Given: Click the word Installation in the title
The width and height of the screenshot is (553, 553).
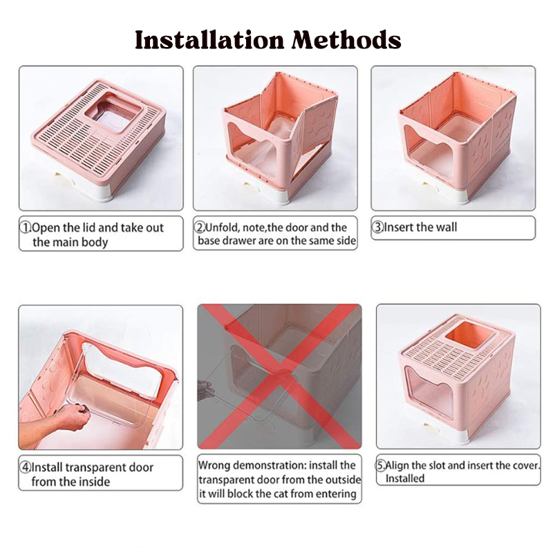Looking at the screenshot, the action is pyautogui.click(x=209, y=39).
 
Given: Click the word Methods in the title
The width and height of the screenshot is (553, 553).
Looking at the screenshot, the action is pyautogui.click(x=346, y=39).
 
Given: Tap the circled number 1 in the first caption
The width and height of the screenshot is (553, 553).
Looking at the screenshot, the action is pyautogui.click(x=26, y=228).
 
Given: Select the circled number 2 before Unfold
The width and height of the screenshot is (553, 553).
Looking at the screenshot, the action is pyautogui.click(x=200, y=227).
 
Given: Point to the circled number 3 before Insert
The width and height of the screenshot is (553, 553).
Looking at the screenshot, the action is pyautogui.click(x=377, y=227).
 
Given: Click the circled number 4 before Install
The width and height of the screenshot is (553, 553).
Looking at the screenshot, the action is pyautogui.click(x=26, y=467).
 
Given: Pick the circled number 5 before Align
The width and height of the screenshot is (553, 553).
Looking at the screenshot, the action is pyautogui.click(x=380, y=465).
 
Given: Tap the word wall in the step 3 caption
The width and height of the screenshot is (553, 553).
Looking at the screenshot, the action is pyautogui.click(x=447, y=227).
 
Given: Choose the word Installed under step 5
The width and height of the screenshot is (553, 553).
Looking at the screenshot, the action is pyautogui.click(x=405, y=478).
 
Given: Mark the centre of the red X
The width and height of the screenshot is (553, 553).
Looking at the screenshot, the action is pyautogui.click(x=280, y=377).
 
